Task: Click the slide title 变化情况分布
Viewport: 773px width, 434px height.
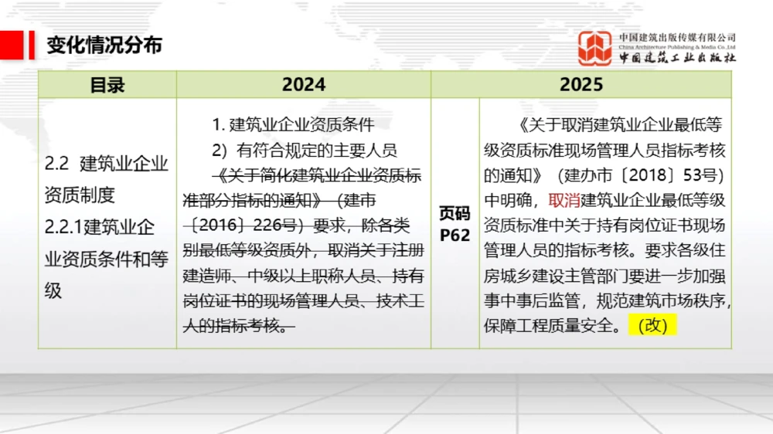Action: [104, 46]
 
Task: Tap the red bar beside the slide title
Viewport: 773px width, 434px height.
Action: [32, 45]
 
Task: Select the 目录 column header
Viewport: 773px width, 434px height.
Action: [107, 85]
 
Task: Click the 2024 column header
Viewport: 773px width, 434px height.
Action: [303, 85]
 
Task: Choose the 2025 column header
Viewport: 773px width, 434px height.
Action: [581, 85]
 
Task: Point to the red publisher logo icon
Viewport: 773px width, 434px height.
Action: [595, 48]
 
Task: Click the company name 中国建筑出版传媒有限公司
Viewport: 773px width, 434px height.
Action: [677, 36]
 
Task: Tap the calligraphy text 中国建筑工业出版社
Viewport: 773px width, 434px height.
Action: [677, 58]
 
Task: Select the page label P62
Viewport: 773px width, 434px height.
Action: [455, 235]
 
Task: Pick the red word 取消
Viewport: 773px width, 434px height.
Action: [564, 200]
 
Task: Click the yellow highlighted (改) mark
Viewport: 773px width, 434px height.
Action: [653, 325]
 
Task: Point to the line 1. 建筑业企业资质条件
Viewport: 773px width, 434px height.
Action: [293, 125]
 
